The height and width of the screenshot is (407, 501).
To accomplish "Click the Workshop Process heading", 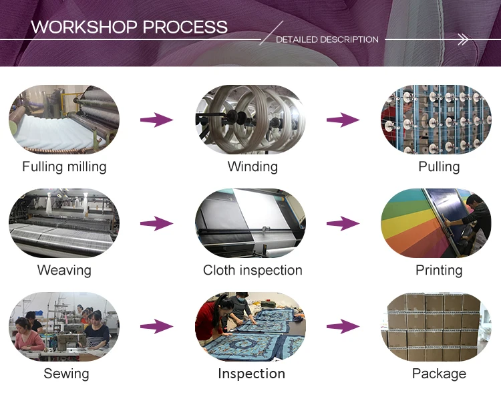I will (129, 27).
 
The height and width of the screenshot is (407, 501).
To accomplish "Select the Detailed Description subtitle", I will (327, 39).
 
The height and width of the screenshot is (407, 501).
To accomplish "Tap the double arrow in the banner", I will (463, 40).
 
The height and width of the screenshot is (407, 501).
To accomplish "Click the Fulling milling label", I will (64, 166).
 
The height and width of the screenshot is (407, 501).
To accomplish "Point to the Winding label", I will (253, 166).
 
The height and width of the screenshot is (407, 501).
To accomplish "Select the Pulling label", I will (439, 166).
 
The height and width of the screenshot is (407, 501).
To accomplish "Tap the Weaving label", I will (64, 270).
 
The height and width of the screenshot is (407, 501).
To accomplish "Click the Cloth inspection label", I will (253, 270).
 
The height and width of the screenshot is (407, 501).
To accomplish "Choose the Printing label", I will (439, 270).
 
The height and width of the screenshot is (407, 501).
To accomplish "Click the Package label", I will (439, 374).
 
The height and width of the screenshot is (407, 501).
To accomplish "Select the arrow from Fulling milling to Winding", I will (156, 120).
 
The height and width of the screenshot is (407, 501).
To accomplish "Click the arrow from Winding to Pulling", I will (343, 120).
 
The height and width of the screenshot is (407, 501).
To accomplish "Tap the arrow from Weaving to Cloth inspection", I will (156, 223).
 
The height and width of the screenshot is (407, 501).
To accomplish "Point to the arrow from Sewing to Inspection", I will (156, 327).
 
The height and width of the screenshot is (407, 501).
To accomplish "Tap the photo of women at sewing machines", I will (64, 327).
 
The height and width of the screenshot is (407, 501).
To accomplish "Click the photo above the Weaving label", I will (64, 223).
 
